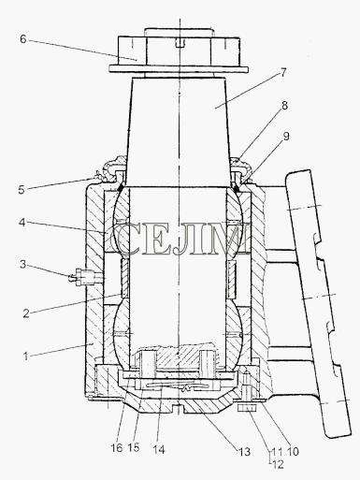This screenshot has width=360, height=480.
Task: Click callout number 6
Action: (x=22, y=39)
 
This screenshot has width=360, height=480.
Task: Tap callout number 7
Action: (x=282, y=73)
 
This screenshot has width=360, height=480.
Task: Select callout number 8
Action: (x=284, y=106)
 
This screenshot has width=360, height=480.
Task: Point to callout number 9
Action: (x=286, y=136)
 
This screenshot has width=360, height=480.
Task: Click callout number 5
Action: (x=21, y=189)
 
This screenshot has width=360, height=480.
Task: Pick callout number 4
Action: (x=22, y=223)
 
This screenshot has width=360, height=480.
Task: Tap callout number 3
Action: (x=22, y=265)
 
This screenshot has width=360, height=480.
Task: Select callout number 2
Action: (x=26, y=313)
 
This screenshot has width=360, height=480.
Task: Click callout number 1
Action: (x=25, y=356)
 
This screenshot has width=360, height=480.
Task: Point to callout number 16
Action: (x=117, y=448)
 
